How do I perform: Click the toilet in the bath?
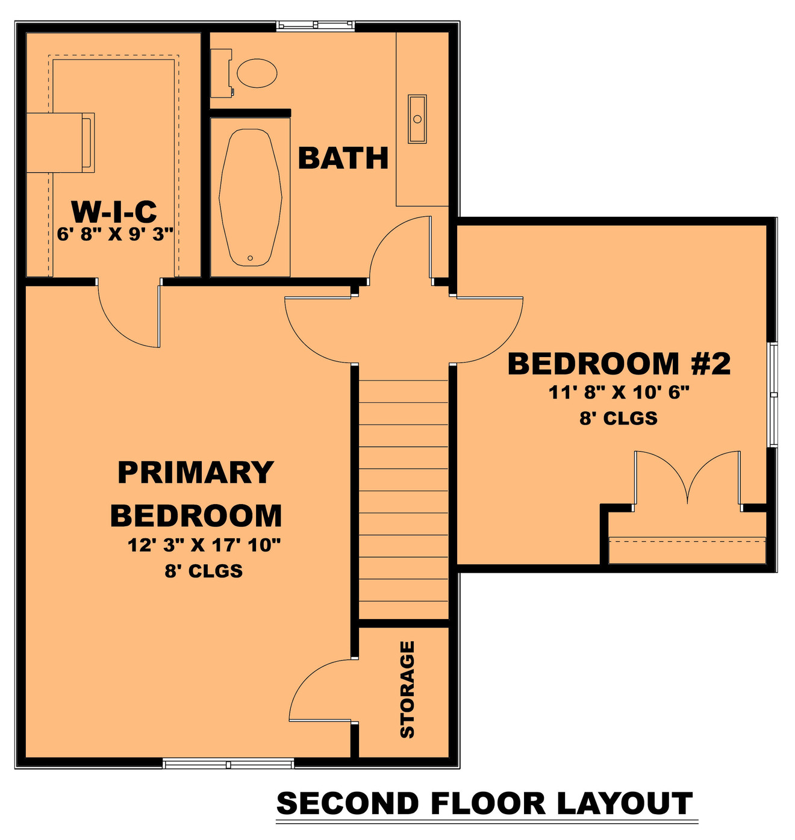click(x=257, y=73)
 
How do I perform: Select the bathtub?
click(x=250, y=197)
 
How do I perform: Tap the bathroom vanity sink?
click(x=417, y=119)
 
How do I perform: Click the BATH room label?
click(x=343, y=158)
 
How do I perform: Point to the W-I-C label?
click(x=114, y=211)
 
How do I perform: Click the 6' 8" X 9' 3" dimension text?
click(x=115, y=234)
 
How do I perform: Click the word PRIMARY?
click(x=196, y=473)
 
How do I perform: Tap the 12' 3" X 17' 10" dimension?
click(x=204, y=546)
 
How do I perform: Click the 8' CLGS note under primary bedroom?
click(x=204, y=571)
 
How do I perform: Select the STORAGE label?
click(x=408, y=689)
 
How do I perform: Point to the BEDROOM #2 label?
click(x=619, y=364)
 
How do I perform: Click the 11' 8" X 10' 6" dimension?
click(x=619, y=393)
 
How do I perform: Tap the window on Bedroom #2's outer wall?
click(x=773, y=394)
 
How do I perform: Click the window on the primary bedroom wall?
click(x=228, y=764)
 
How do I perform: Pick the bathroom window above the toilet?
click(x=315, y=25)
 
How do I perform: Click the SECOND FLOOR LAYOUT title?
click(x=485, y=804)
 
